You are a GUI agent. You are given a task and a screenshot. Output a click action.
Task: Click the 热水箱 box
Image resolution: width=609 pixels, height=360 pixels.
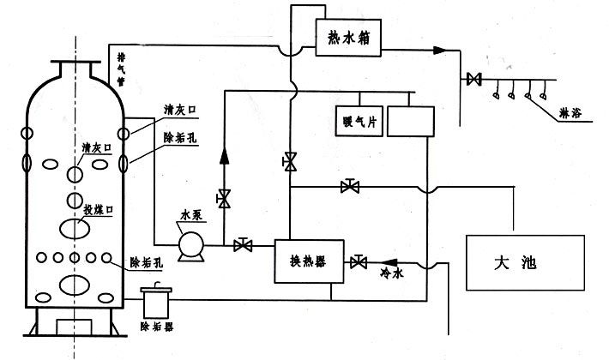tap(347, 39)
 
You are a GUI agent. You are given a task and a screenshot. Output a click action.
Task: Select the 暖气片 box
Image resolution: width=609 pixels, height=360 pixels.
tap(359, 121)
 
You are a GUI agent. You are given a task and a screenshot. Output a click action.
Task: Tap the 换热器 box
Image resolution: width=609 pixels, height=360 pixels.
tap(309, 261)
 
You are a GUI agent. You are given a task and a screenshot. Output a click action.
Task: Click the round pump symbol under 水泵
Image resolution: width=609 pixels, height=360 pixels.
tap(189, 247)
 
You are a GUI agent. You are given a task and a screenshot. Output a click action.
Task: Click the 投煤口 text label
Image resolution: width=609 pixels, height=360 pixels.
tap(91, 210)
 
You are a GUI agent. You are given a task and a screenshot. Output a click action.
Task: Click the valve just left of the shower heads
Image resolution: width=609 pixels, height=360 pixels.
tap(473, 81)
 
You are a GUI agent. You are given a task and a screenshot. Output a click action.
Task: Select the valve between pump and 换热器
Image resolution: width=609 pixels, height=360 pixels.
tap(244, 246)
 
